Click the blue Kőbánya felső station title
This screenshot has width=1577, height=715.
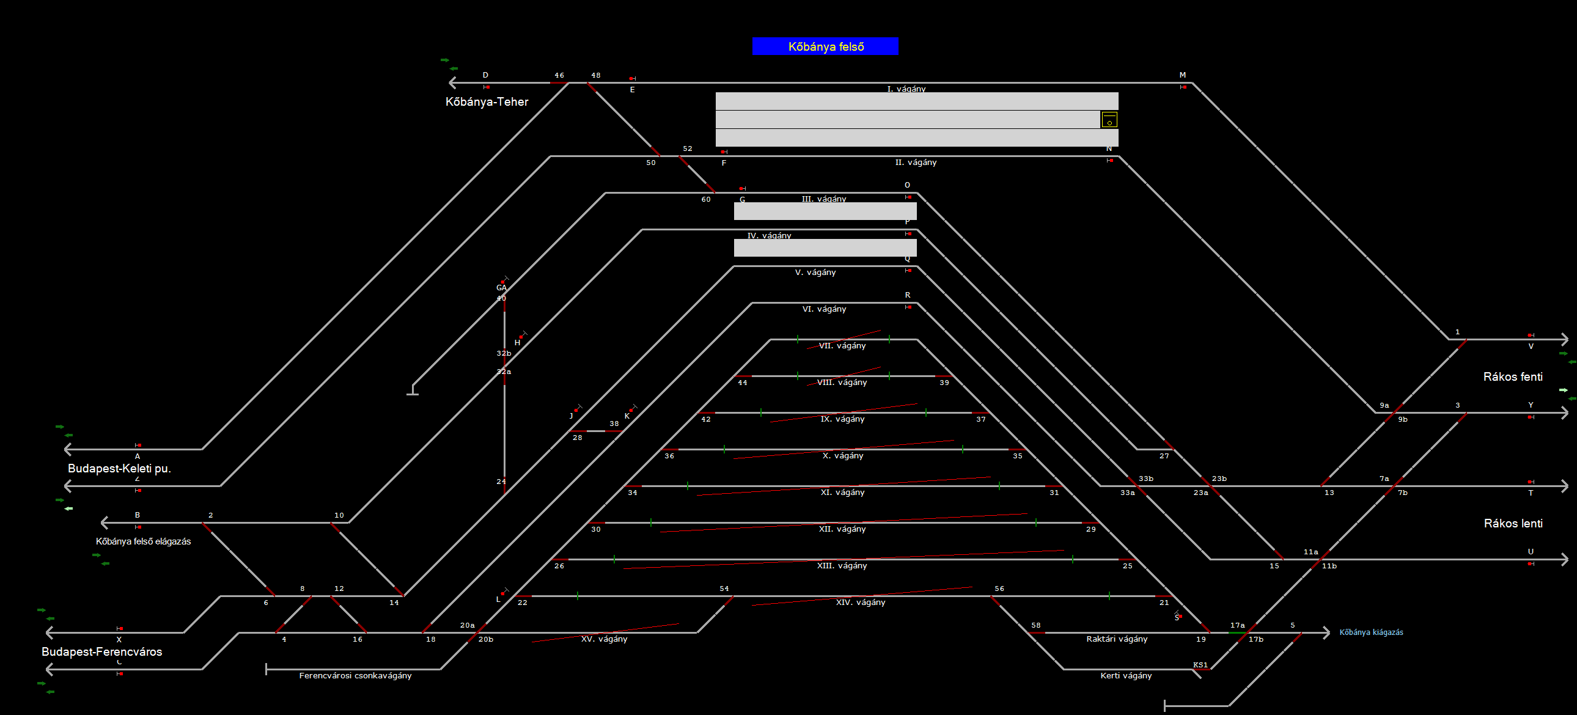pos(825,46)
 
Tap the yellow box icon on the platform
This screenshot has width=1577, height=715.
pos(1109,119)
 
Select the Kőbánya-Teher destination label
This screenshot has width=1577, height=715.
pos(487,101)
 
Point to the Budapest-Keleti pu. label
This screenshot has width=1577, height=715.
pos(119,468)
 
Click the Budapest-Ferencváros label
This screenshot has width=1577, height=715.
pos(101,651)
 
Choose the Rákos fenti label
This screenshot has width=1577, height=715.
pos(1513,376)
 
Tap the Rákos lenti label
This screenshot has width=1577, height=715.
pos(1513,523)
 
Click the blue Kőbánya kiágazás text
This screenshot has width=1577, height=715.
pos(1370,632)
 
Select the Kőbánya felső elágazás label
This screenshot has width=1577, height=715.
pos(143,541)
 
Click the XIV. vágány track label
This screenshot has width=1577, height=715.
pos(861,603)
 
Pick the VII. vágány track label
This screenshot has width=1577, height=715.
pos(842,346)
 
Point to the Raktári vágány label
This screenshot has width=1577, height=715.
pos(1117,639)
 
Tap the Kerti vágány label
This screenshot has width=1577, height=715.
pos(1126,676)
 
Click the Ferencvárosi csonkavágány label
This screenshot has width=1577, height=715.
pos(355,676)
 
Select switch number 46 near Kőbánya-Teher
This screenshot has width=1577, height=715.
pos(559,75)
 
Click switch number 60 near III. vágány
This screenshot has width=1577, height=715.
pos(706,200)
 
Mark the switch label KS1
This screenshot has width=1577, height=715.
pos(1200,665)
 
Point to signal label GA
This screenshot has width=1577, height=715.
pos(501,288)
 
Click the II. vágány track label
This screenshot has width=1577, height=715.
pos(916,162)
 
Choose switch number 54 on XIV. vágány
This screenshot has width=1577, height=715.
pos(724,589)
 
